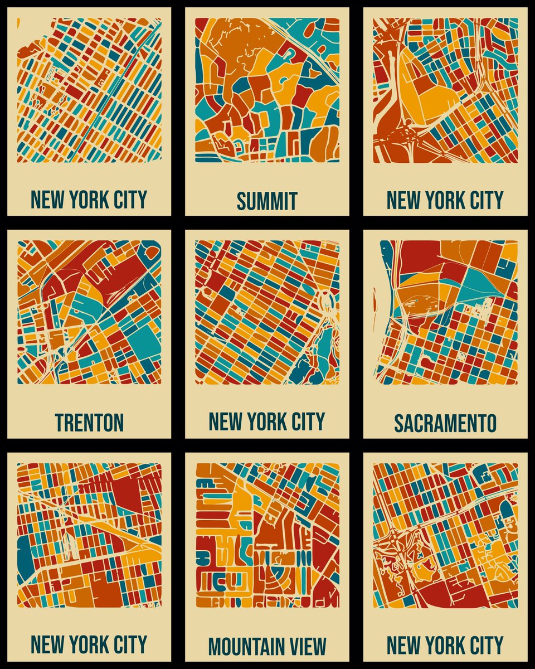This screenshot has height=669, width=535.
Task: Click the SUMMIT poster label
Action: pyautogui.click(x=267, y=201)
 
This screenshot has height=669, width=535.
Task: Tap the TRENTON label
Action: pyautogui.click(x=89, y=423)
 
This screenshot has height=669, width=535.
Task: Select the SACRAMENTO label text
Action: pyautogui.click(x=445, y=423)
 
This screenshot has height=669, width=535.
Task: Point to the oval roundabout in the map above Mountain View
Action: pyautogui.click(x=325, y=303)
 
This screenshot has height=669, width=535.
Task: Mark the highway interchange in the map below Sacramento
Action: pyautogui.click(x=390, y=544)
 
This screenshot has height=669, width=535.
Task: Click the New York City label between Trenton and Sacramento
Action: pyautogui.click(x=267, y=421)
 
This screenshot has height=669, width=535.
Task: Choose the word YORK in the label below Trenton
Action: pyautogui.click(x=89, y=644)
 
